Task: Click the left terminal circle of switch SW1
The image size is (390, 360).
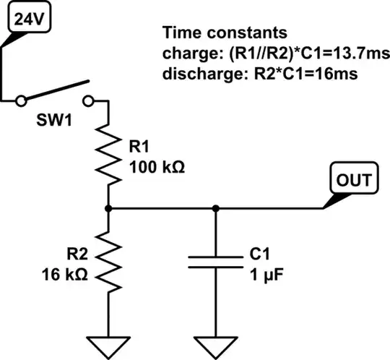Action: tap(22, 100)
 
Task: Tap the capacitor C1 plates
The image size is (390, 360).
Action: tap(214, 261)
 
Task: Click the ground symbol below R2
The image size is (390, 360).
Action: tap(108, 346)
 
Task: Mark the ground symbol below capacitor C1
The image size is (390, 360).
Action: tap(214, 346)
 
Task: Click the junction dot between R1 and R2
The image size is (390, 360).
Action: tap(108, 209)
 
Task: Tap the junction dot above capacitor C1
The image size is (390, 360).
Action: tap(214, 209)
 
